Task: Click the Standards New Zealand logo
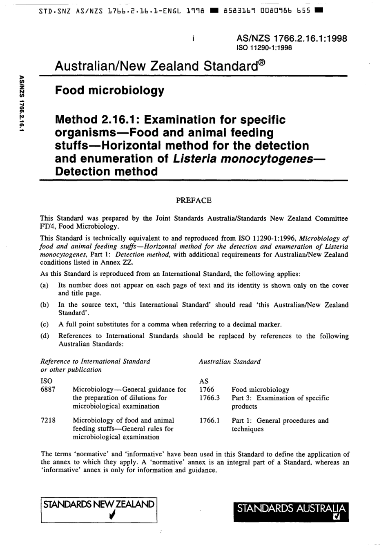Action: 99,510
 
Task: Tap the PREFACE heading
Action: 194,200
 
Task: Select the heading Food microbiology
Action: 109,90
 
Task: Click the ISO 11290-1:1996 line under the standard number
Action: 264,48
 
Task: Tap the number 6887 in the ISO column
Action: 47,389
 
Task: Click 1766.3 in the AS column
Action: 209,398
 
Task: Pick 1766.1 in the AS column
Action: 209,420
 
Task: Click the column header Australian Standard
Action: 230,362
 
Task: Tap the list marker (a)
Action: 45,285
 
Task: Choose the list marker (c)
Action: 45,324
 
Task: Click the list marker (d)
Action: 45,336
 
